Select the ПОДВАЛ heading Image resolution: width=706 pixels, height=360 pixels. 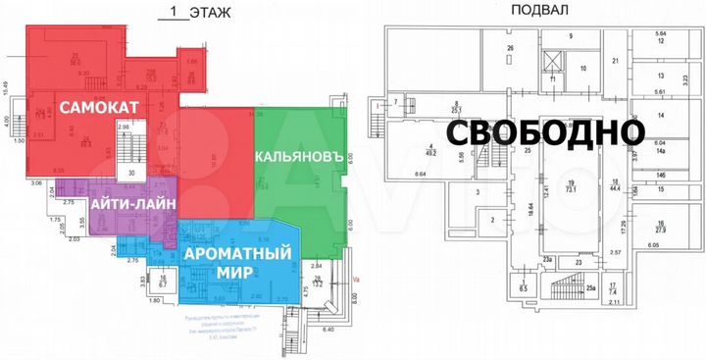[538, 11]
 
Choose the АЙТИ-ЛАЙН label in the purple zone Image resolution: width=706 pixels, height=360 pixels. [133, 204]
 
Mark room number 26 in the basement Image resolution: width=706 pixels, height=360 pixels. [510, 48]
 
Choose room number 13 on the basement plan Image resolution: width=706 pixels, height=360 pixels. [661, 76]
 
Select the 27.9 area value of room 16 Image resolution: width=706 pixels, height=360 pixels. [662, 231]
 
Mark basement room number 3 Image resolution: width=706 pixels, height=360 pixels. [478, 194]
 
